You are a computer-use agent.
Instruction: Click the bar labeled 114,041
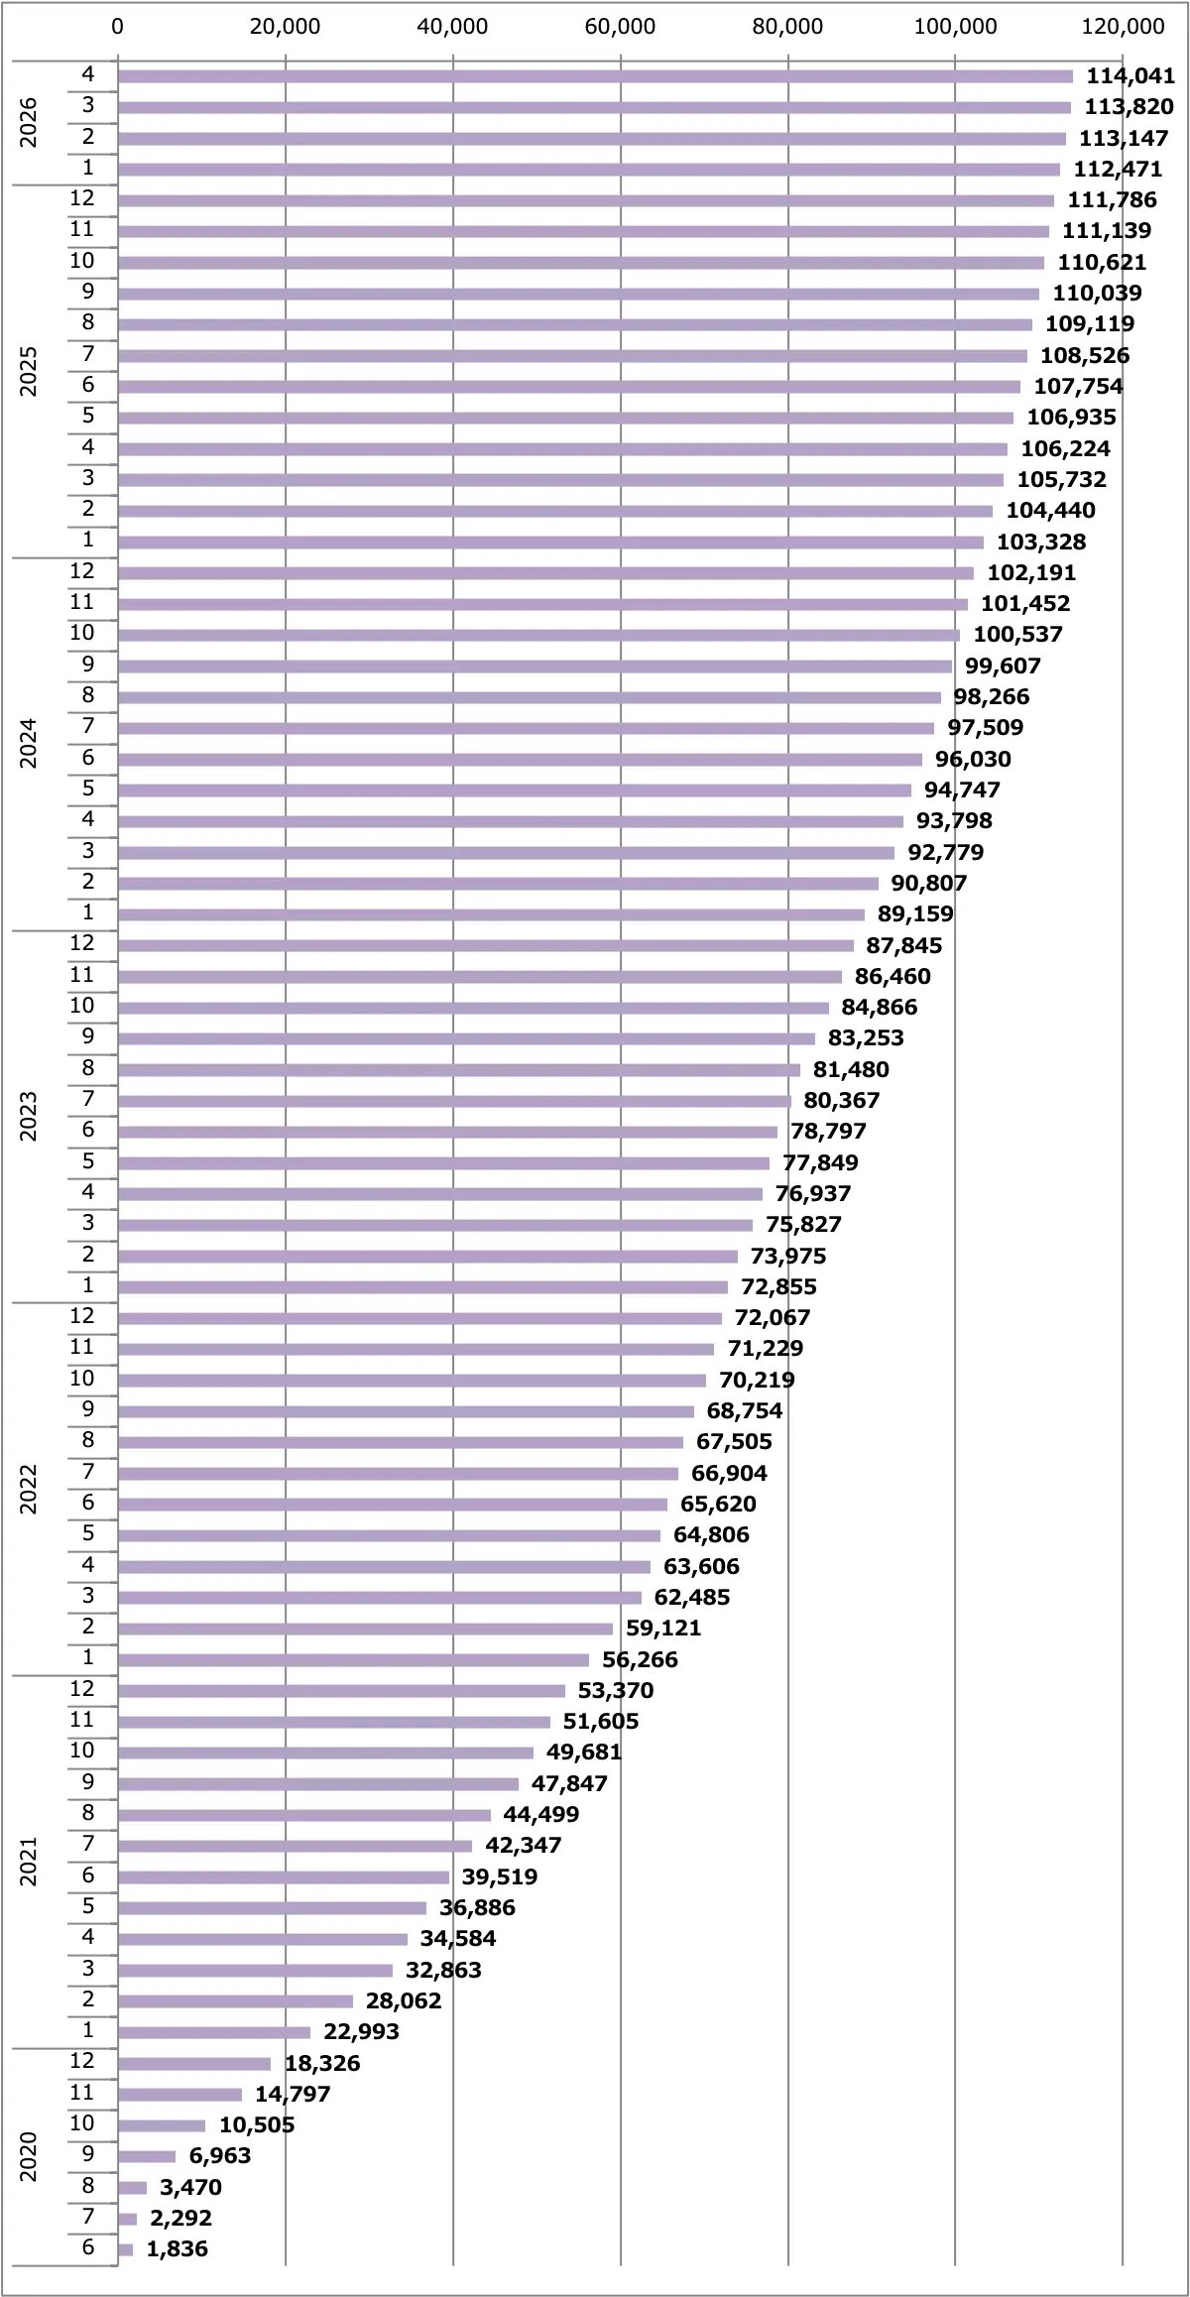coord(595,76)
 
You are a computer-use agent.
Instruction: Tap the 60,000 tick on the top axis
coord(620,27)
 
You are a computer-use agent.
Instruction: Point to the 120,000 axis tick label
coord(1123,27)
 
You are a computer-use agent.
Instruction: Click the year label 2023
coord(29,1116)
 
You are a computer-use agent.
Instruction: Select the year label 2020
coord(29,2156)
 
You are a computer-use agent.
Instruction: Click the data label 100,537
coord(1017,635)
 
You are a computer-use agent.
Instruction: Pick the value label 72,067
coord(773,1317)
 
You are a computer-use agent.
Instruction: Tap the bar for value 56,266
coord(353,1659)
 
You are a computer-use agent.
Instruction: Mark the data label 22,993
coord(361,2031)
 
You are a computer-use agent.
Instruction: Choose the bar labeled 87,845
coord(486,945)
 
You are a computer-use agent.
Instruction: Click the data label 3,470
coord(190,2187)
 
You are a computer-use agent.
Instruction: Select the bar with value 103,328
coord(550,542)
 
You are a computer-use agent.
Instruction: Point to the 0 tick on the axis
coord(118,27)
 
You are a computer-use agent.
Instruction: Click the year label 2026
coord(29,122)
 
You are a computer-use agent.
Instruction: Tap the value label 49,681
coord(583,1753)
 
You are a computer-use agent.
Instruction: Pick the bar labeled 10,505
coord(162,2124)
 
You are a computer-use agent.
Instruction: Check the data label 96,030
coord(973,759)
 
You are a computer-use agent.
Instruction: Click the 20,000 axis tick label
coord(286,27)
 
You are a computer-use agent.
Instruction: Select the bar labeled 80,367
coord(454,1100)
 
